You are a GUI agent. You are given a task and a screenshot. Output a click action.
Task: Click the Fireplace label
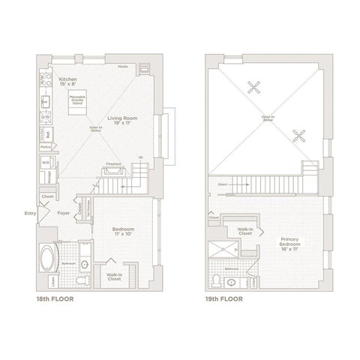(x=112, y=163)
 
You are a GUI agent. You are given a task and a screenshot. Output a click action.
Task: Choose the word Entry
(x=30, y=212)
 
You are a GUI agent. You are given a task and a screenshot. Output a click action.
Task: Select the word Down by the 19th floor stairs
(x=223, y=183)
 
